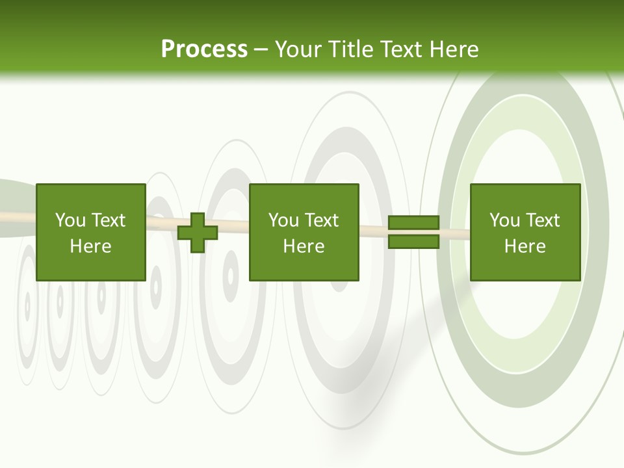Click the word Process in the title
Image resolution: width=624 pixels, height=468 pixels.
coord(204,49)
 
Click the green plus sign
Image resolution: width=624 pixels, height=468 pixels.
coord(198,233)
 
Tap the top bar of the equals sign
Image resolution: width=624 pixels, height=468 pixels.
coord(413,223)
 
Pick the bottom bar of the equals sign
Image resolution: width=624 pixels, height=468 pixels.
coord(413,242)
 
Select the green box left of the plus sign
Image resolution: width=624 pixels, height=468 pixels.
coord(90,232)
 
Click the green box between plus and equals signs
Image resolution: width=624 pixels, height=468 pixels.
coord(304,232)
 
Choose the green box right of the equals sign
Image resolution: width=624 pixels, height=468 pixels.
coord(525,232)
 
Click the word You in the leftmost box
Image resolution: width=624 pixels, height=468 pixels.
coord(70,220)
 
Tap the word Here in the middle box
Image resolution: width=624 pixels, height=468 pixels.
coord(304,246)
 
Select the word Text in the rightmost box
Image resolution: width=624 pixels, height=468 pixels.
coord(541,220)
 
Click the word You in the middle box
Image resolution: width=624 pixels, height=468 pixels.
coord(283,220)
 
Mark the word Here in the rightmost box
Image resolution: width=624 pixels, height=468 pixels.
coord(525,246)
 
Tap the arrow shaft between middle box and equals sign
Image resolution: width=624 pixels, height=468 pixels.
coord(374,229)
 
